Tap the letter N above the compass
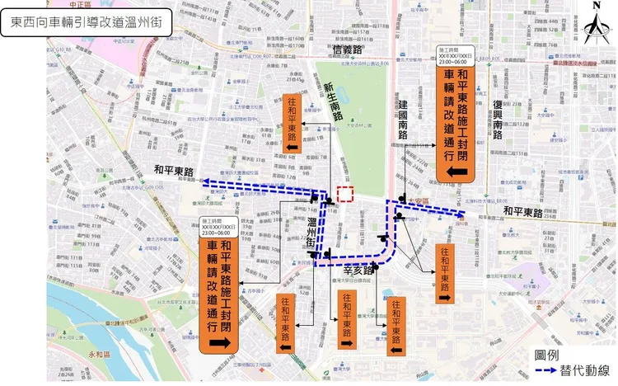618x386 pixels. [595, 7]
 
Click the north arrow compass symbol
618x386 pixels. [594, 30]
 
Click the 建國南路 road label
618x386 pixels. [403, 117]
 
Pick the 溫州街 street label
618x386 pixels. [312, 234]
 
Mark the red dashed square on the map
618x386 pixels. [346, 194]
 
